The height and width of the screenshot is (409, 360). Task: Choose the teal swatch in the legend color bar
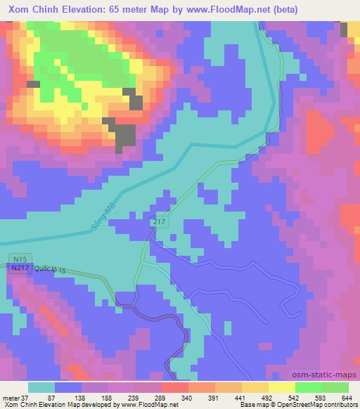tap(41, 387)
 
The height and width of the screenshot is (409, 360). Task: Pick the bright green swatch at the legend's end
tap(335, 387)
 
